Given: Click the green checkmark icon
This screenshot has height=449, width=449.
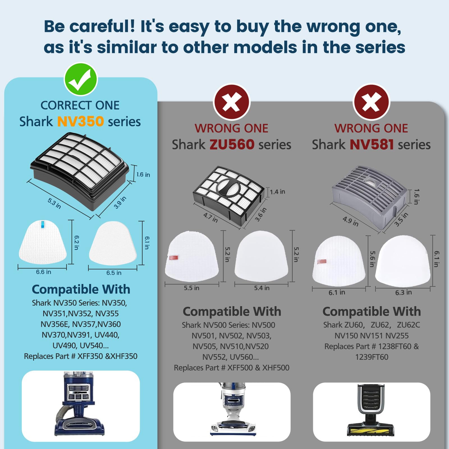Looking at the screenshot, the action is tap(81, 79).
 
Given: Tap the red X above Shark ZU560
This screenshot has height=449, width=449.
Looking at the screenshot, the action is tap(232, 102).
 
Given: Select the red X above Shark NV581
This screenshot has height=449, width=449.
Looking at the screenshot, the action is tap(371, 102).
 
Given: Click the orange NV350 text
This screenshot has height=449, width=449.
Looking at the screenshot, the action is tap(81, 122).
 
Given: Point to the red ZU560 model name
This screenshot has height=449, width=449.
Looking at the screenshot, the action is tap(232, 145).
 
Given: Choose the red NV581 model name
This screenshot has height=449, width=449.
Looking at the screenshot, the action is tap(372, 145).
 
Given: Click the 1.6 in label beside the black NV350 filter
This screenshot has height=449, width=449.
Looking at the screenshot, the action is tap(143, 175).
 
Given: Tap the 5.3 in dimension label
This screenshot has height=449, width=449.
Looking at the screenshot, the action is tap(54, 203).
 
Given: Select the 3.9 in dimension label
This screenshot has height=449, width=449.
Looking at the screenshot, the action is tap(120, 202).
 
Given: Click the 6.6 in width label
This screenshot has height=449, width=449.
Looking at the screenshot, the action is tap(43, 272).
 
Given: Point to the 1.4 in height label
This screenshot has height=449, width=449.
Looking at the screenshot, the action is tap(278, 192).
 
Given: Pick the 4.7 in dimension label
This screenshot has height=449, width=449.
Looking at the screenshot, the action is tap(210, 218).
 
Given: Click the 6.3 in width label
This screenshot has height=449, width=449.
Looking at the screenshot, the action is tap(404, 292).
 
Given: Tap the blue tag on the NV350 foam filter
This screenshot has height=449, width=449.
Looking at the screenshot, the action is tap(43, 224).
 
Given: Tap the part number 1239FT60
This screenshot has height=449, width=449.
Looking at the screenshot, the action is tap(372, 357).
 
